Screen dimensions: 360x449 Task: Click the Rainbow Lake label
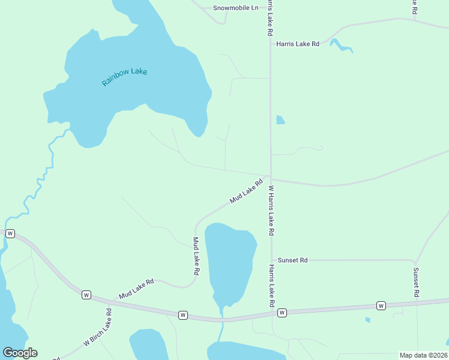(x=124, y=77)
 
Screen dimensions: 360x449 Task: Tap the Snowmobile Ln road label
(x=235, y=8)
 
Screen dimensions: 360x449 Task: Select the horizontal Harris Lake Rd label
(x=297, y=44)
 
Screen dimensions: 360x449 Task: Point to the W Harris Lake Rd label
(x=271, y=210)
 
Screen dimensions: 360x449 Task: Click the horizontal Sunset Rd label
(x=292, y=260)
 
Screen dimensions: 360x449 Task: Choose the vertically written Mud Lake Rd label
(x=196, y=256)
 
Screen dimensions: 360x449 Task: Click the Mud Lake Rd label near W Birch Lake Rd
(x=136, y=289)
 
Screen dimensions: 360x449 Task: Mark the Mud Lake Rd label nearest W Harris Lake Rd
(x=246, y=191)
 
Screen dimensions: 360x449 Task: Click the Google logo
(x=20, y=353)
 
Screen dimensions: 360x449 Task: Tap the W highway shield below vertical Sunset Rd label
(x=381, y=306)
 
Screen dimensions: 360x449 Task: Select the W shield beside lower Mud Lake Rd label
(x=86, y=295)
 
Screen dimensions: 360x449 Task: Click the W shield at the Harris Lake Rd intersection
(x=282, y=313)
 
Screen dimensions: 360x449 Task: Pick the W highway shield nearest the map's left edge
(x=10, y=234)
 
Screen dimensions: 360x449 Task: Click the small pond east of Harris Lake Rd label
(x=340, y=45)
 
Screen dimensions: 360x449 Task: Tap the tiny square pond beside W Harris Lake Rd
(x=280, y=120)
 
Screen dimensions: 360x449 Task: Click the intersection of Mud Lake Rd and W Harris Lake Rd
(x=271, y=178)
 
